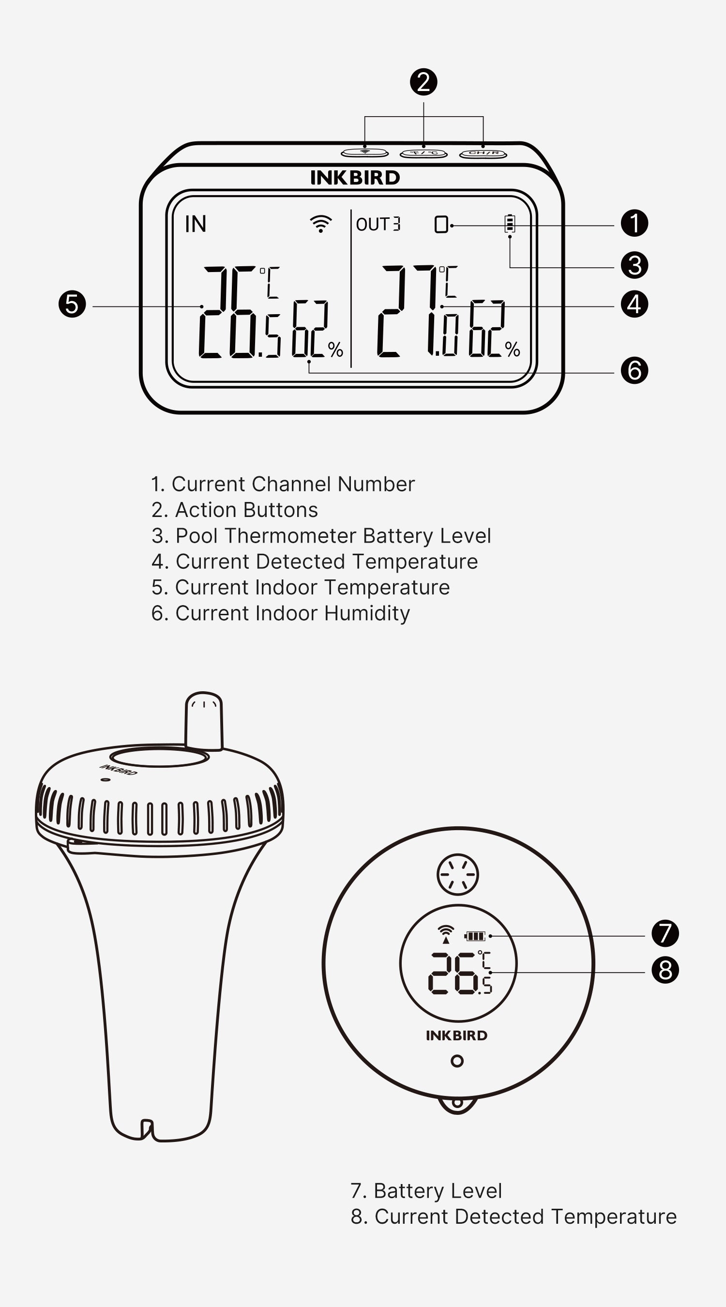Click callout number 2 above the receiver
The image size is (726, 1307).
(x=423, y=82)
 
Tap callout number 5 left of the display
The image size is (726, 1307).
(x=72, y=304)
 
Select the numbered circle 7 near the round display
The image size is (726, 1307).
(x=665, y=933)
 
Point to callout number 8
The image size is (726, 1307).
(x=665, y=970)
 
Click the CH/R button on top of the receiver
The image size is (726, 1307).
(x=483, y=153)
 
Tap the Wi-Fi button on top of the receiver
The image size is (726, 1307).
(x=365, y=152)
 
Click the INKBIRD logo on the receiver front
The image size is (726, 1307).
(x=355, y=178)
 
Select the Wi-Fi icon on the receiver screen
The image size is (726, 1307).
(x=320, y=223)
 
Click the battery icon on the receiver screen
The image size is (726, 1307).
(x=510, y=223)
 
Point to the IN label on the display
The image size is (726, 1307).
(x=196, y=224)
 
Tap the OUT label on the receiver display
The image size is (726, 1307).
(x=373, y=224)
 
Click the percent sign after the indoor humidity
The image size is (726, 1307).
(x=335, y=350)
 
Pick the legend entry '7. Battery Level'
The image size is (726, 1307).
(x=426, y=1190)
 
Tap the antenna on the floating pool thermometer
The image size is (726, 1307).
(x=203, y=721)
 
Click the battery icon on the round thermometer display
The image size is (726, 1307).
(x=475, y=936)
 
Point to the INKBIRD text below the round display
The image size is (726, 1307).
(x=456, y=1035)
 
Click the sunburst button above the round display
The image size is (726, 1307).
(x=457, y=874)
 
